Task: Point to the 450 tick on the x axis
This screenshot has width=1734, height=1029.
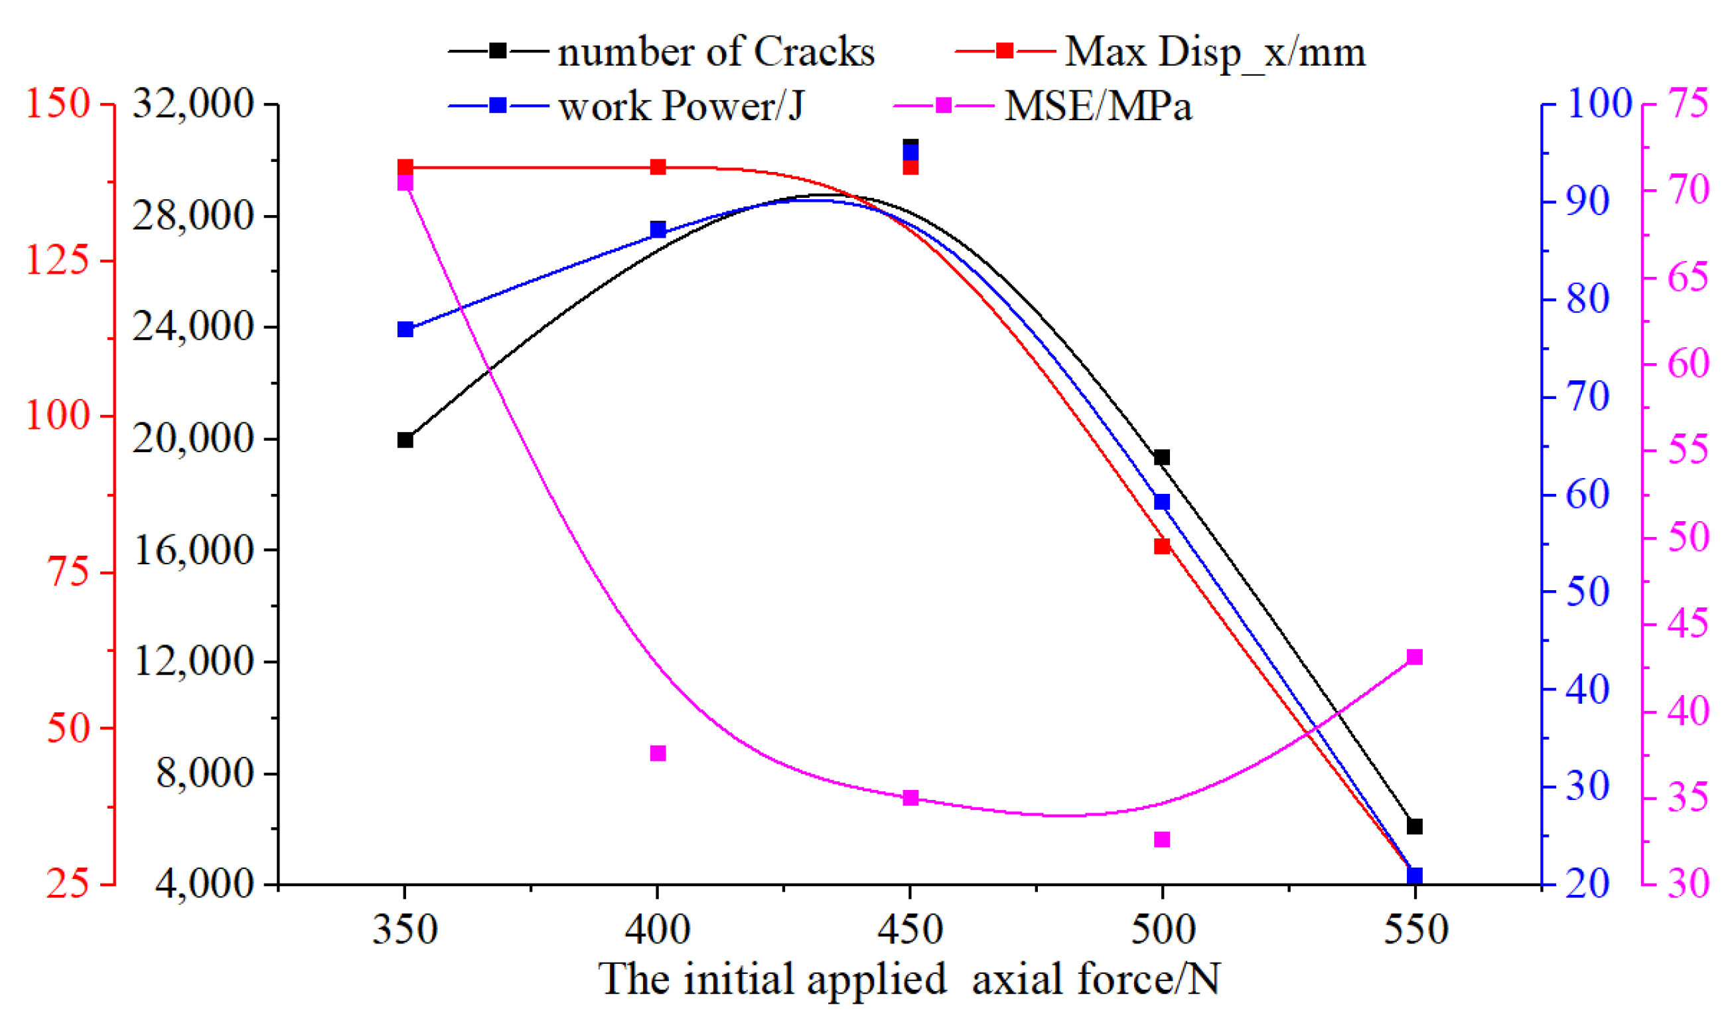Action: click(910, 929)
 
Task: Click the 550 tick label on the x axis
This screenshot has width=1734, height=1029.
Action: click(1415, 929)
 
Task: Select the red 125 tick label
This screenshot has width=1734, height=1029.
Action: click(58, 261)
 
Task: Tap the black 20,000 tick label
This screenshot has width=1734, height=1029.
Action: click(192, 438)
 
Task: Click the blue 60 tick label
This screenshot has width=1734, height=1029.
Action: click(1587, 495)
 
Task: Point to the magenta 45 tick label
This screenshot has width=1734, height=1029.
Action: click(1688, 624)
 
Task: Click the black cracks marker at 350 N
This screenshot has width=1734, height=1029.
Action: click(405, 439)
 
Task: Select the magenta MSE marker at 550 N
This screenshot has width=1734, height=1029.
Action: click(1415, 657)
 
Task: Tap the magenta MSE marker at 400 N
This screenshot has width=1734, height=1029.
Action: click(658, 753)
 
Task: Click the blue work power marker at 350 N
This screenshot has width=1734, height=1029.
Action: click(405, 329)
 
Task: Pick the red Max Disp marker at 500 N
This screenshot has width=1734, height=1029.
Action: click(1162, 546)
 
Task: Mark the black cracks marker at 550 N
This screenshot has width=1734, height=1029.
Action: click(1415, 827)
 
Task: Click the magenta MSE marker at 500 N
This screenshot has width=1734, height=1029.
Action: click(1162, 840)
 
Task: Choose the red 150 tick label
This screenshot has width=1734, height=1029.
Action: click(58, 104)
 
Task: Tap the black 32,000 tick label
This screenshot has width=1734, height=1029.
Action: click(192, 104)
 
